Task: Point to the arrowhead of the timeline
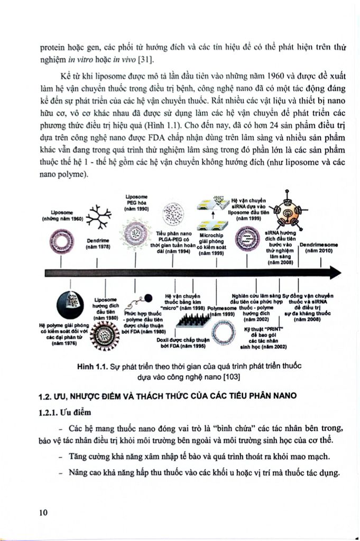(334, 273)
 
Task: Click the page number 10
(44, 512)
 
